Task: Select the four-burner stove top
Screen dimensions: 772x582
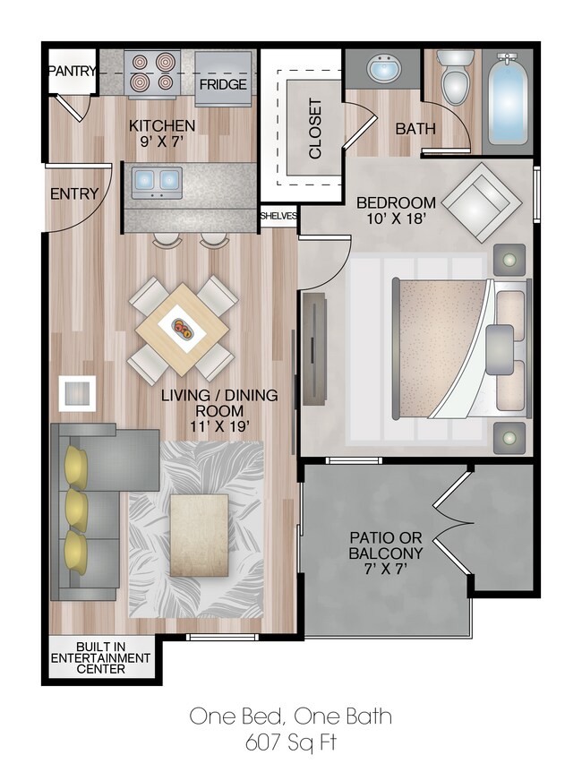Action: point(152,73)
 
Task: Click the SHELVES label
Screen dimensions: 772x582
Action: point(278,216)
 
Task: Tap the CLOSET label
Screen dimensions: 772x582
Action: point(314,128)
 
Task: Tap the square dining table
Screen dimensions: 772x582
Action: point(184,329)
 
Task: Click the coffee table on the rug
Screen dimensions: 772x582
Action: point(199,535)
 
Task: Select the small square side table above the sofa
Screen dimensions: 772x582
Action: point(77,392)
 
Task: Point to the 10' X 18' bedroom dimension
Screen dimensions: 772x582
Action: point(396,219)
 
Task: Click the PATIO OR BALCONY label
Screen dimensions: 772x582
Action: point(385,546)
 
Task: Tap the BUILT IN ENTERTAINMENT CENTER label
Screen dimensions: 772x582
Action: point(100,658)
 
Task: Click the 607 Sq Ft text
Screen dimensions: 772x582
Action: point(290,742)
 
